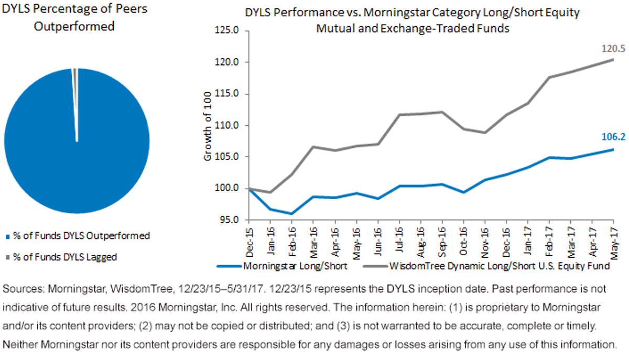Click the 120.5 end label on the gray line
tap(613, 49)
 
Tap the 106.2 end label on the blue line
tap(613, 137)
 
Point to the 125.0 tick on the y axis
tap(227, 30)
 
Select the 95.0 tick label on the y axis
tap(230, 220)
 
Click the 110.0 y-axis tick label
tap(227, 125)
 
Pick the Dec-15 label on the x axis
tap(250, 242)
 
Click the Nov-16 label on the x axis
tap(485, 243)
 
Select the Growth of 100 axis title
tap(207, 126)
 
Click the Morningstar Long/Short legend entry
tap(282, 266)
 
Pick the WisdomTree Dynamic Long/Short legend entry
tap(486, 266)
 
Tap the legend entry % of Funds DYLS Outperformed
tap(78, 236)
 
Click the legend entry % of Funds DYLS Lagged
tap(61, 257)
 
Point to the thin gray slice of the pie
tap(75, 93)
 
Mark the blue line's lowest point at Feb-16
tap(292, 214)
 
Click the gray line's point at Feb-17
tap(549, 77)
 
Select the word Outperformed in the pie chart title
tap(74, 26)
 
